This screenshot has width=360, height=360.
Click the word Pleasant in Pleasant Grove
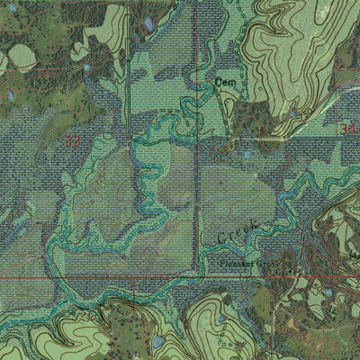(235, 265)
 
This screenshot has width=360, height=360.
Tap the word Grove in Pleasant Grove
(265, 264)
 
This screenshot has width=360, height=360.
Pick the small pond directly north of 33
(86, 68)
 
